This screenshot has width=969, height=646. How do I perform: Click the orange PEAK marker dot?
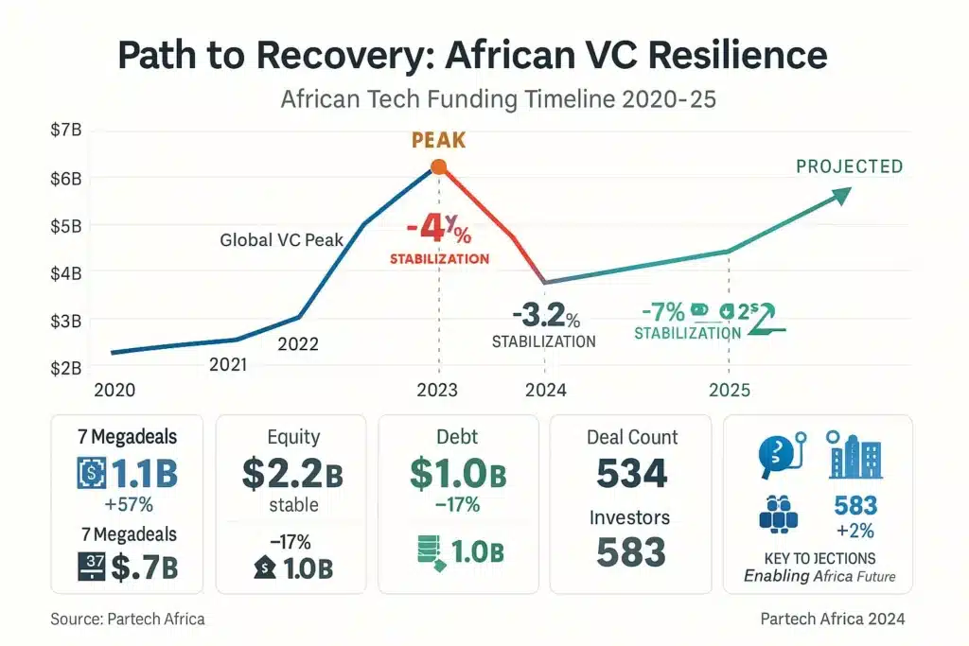tap(438, 167)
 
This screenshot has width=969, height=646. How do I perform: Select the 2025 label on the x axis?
tap(729, 390)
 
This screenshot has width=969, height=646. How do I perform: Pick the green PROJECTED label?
tap(849, 166)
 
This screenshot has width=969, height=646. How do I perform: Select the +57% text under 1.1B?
tap(129, 504)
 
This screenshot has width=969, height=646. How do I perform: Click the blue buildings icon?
tap(855, 455)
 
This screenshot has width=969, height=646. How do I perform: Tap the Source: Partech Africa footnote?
tap(127, 619)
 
